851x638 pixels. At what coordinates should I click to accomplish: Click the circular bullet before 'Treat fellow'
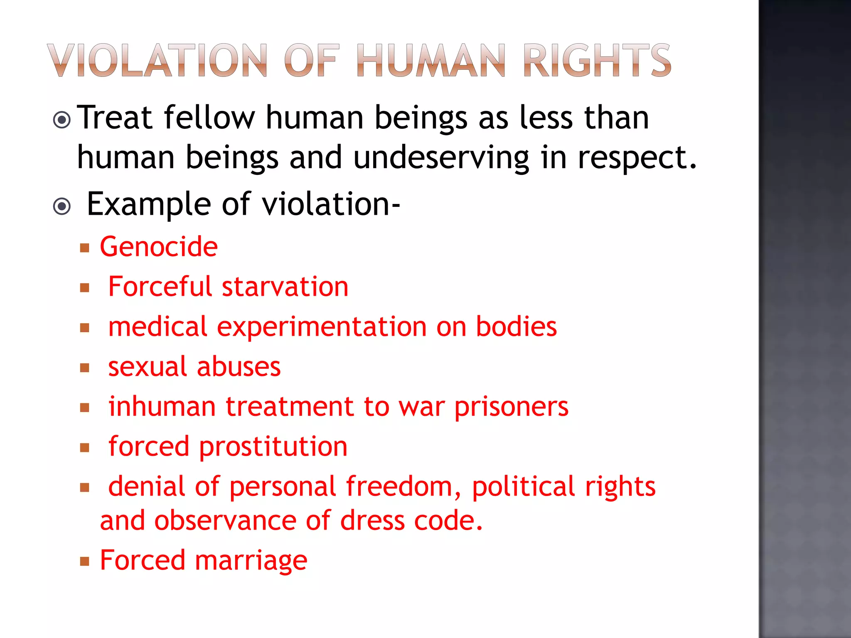pyautogui.click(x=62, y=120)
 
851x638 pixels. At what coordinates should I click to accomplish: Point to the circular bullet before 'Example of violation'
pyautogui.click(x=62, y=206)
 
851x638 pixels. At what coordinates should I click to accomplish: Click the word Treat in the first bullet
pyautogui.click(x=116, y=118)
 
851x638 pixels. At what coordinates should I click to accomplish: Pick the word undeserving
pyautogui.click(x=441, y=158)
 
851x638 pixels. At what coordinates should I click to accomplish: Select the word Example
pyautogui.click(x=149, y=204)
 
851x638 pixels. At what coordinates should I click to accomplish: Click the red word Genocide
pyautogui.click(x=159, y=247)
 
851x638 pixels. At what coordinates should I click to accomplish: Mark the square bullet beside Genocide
pyautogui.click(x=85, y=248)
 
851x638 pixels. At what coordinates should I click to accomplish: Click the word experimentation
pyautogui.click(x=322, y=327)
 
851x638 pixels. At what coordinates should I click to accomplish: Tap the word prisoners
pyautogui.click(x=511, y=407)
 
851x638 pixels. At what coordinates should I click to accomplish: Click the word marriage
pyautogui.click(x=251, y=560)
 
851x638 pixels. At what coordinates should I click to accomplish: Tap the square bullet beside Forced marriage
pyautogui.click(x=85, y=562)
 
